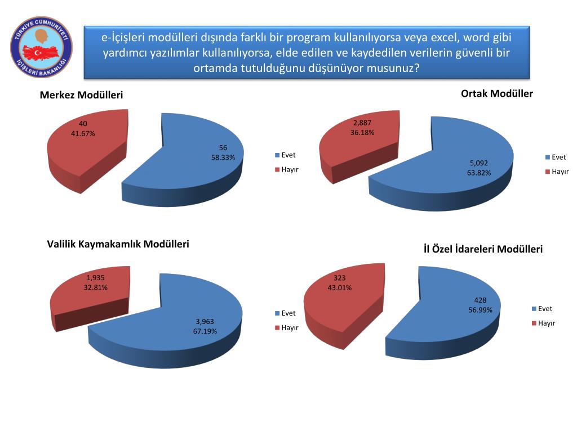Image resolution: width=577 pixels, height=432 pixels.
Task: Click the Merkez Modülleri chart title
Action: click(x=81, y=96)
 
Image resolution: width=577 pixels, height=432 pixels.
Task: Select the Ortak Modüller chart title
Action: click(x=496, y=93)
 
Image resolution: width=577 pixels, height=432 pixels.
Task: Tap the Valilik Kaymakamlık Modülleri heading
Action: click(x=118, y=244)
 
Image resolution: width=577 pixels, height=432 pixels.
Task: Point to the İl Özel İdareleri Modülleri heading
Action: click(x=483, y=249)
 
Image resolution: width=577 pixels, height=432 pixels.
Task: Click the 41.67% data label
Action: click(x=83, y=133)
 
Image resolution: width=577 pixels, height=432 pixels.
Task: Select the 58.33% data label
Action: click(x=223, y=157)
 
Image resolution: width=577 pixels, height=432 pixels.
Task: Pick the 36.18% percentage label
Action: click(x=362, y=133)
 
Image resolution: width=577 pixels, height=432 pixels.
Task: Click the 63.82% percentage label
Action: click(x=479, y=173)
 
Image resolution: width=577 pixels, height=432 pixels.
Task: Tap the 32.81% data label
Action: click(x=96, y=287)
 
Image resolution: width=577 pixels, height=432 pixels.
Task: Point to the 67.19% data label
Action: click(x=205, y=331)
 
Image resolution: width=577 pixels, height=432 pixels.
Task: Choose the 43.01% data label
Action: click(x=340, y=287)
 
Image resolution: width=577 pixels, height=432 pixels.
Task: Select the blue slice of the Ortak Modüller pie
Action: click(x=445, y=169)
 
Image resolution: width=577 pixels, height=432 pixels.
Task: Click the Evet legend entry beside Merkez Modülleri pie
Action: click(x=285, y=155)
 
